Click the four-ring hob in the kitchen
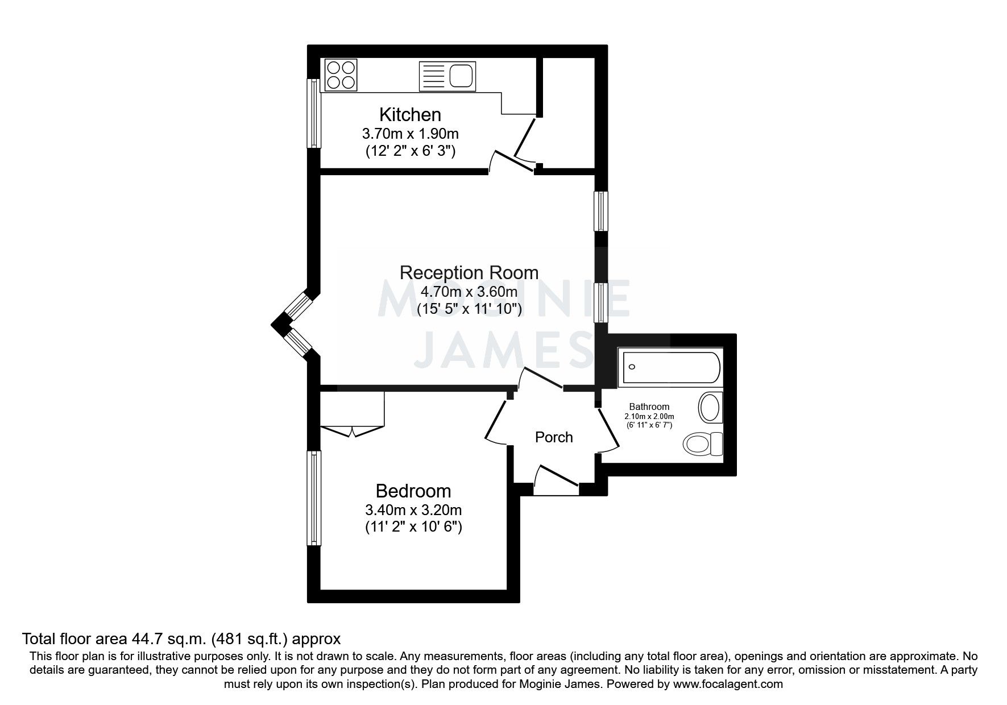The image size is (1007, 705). pyautogui.click(x=341, y=75)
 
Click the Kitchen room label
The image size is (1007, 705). pyautogui.click(x=410, y=115)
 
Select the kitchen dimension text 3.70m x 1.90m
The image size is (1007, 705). pyautogui.click(x=410, y=134)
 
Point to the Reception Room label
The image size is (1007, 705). pyautogui.click(x=469, y=272)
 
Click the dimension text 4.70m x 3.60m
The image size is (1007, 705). pyautogui.click(x=469, y=292)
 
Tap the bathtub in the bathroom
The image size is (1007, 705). pyautogui.click(x=672, y=368)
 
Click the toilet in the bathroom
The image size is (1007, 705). pyautogui.click(x=703, y=443)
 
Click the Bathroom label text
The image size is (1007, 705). pyautogui.click(x=649, y=407)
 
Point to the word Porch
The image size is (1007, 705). pyautogui.click(x=553, y=437)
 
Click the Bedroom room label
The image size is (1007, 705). pyautogui.click(x=413, y=491)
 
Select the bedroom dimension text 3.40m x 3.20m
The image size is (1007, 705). pyautogui.click(x=413, y=510)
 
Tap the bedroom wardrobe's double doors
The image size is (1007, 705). pyautogui.click(x=353, y=430)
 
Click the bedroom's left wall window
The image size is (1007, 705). pyautogui.click(x=314, y=498)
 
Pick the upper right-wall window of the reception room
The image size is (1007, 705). pyautogui.click(x=600, y=211)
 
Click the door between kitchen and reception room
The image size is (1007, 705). pyautogui.click(x=512, y=161)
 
